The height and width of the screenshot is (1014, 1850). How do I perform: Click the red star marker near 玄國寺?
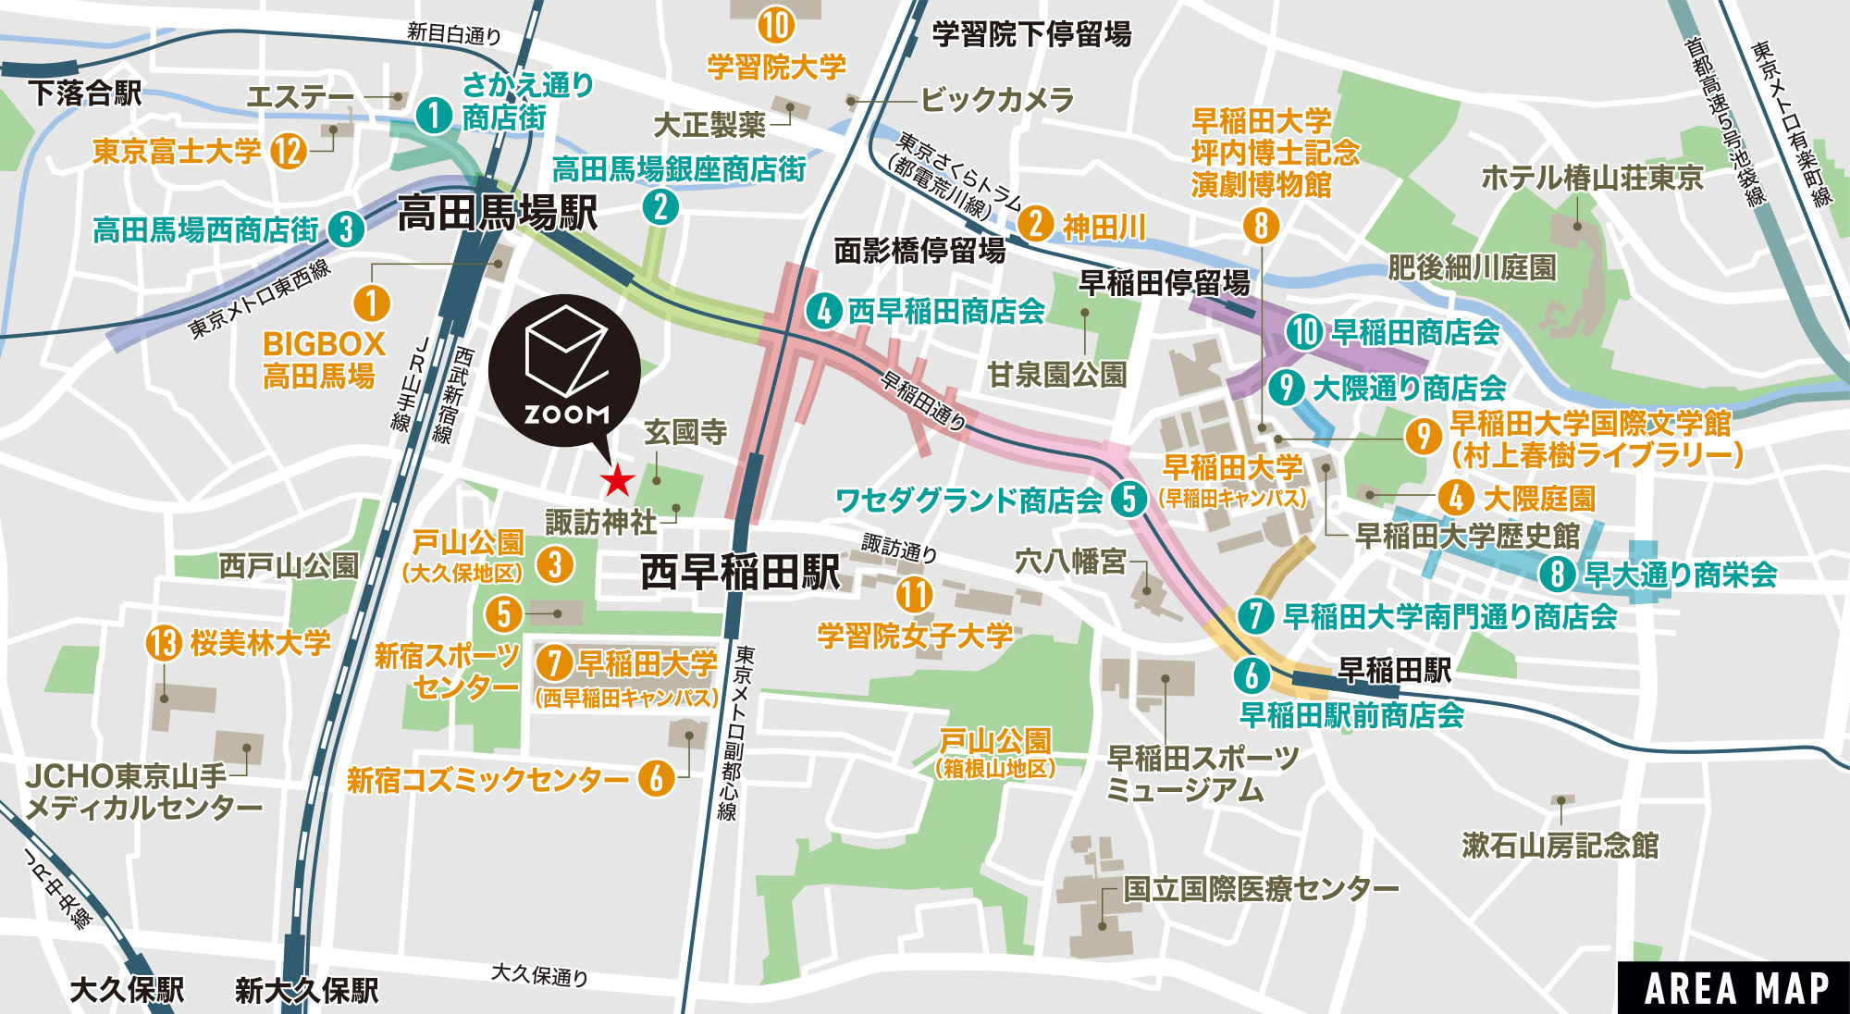click(x=617, y=480)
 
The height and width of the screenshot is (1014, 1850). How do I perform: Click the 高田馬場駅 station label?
click(x=498, y=214)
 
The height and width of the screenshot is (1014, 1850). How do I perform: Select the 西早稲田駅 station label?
click(x=740, y=573)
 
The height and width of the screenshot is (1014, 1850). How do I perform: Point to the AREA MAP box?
click(x=1735, y=988)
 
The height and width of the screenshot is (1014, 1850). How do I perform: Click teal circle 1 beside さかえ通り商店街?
click(x=434, y=116)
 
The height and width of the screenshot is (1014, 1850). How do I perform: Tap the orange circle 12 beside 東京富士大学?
click(x=289, y=151)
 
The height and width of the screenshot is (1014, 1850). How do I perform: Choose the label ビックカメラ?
click(x=997, y=99)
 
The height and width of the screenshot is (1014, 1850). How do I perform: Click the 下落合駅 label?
click(x=85, y=93)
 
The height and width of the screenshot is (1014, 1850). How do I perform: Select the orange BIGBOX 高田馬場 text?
click(x=323, y=360)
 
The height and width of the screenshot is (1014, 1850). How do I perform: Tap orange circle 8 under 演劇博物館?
click(x=1261, y=225)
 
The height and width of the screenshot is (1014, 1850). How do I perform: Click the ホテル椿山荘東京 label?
click(x=1591, y=177)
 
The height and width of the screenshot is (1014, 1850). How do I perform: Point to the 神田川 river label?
click(x=1104, y=227)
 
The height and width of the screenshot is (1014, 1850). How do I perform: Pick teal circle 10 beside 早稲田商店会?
click(x=1303, y=332)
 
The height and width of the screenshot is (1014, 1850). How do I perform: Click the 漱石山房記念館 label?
click(x=1560, y=845)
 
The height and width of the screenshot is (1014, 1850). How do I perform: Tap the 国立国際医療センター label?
click(x=1260, y=889)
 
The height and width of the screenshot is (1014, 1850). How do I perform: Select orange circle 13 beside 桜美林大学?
click(x=164, y=642)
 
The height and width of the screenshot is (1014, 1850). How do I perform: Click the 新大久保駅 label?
click(x=306, y=990)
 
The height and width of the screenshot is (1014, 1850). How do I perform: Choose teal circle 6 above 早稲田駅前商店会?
click(x=1252, y=675)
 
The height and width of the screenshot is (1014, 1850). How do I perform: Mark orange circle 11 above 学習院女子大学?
click(x=914, y=594)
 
